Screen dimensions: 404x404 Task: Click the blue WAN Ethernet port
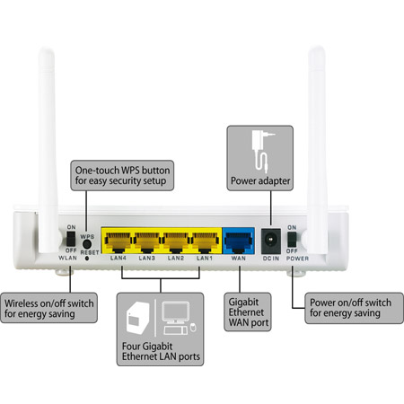tap(239, 242)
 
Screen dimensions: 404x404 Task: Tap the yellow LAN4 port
tap(118, 242)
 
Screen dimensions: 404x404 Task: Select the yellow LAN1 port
tap(205, 242)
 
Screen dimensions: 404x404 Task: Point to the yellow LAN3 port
tap(146, 242)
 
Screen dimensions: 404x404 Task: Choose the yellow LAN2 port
tap(176, 242)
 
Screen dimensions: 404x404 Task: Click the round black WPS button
tap(87, 244)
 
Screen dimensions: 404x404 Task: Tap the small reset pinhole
tap(87, 258)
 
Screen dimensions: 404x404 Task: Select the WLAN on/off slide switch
tap(71, 239)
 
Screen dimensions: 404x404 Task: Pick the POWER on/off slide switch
tap(292, 240)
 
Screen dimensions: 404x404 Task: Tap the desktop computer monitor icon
tap(176, 313)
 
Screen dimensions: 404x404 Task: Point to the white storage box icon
tap(137, 318)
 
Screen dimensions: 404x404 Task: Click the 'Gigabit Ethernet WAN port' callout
tap(248, 312)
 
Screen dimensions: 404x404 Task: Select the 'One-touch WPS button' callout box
tap(122, 175)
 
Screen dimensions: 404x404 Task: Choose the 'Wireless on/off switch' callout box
tap(48, 308)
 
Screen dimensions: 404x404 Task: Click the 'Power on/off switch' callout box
tap(354, 308)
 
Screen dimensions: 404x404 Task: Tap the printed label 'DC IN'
tap(271, 259)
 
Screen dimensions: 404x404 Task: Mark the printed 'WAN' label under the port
tap(239, 258)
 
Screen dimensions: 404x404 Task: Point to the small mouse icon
tap(193, 327)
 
